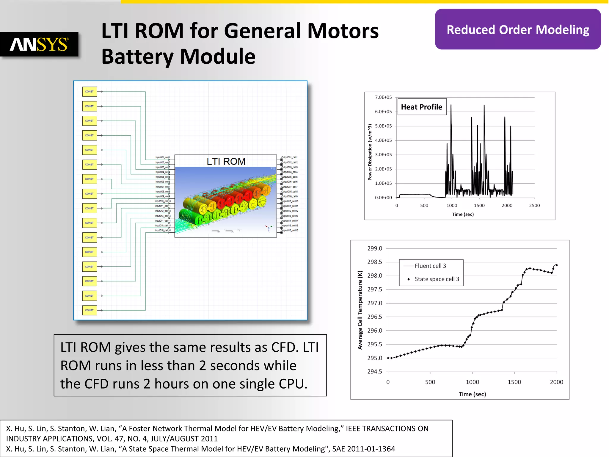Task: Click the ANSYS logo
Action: pyautogui.click(x=39, y=44)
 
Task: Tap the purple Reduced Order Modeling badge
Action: pyautogui.click(x=517, y=29)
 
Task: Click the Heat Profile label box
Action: pyautogui.click(x=422, y=107)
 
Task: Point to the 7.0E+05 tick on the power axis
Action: pyautogui.click(x=383, y=97)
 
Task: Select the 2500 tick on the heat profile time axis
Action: pyautogui.click(x=534, y=205)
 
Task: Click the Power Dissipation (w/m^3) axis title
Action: pyautogui.click(x=370, y=152)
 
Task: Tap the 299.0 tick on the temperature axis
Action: pyautogui.click(x=374, y=248)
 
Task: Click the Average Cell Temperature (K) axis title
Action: pyautogui.click(x=360, y=310)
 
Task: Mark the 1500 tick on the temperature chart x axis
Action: pyautogui.click(x=514, y=382)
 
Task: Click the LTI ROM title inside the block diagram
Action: pyautogui.click(x=226, y=161)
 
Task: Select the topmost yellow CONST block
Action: pyautogui.click(x=90, y=92)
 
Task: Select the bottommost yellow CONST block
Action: pyautogui.click(x=90, y=310)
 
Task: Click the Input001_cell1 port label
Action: pyautogui.click(x=163, y=157)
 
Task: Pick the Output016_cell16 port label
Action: pyautogui.click(x=290, y=230)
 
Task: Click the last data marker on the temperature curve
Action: pyautogui.click(x=556, y=265)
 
